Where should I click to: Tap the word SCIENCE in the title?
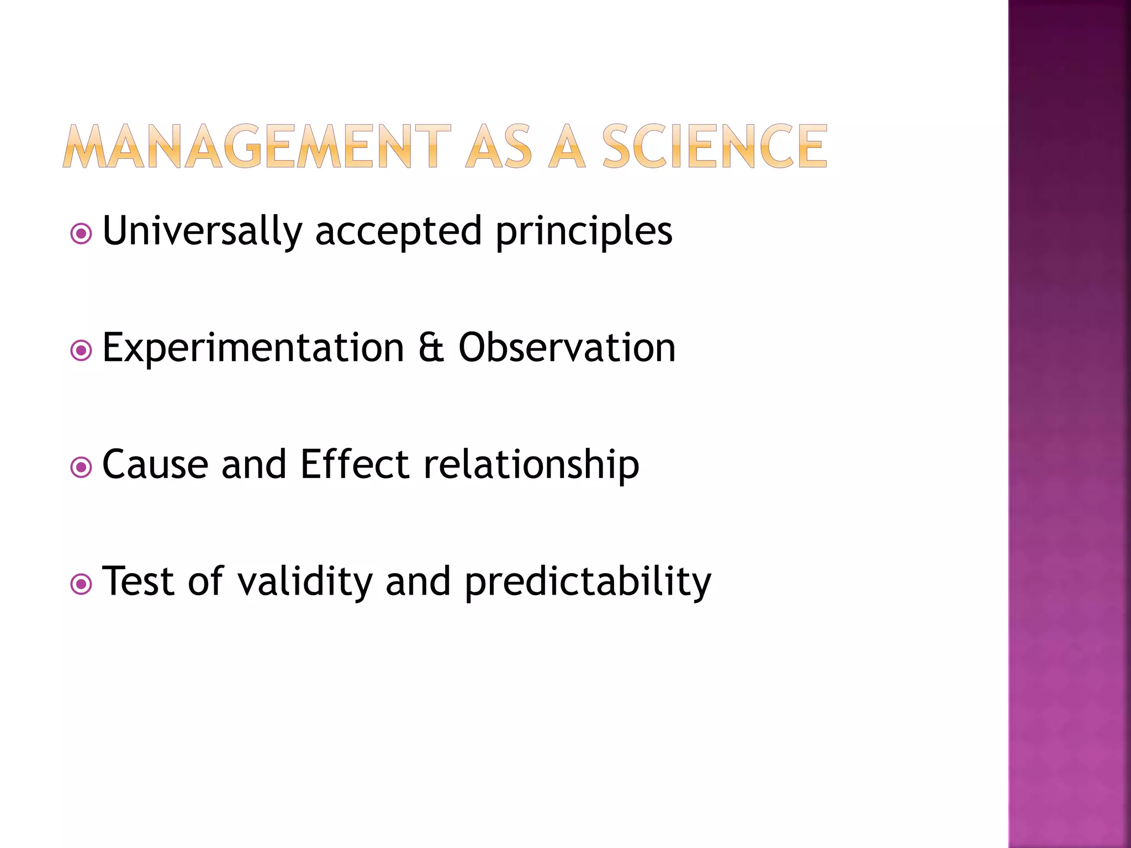[715, 146]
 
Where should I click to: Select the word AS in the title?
[499, 146]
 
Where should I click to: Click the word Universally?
[203, 231]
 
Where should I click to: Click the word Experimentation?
[253, 348]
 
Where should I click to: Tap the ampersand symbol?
[431, 347]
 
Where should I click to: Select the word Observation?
[567, 347]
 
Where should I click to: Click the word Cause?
[155, 464]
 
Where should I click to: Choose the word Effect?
[355, 464]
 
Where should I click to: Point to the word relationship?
[531, 465]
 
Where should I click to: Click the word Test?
[139, 581]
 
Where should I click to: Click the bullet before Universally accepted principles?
[81, 234]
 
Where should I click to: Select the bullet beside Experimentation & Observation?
[81, 351]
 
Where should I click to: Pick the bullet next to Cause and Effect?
[81, 468]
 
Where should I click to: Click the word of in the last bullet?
[205, 581]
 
